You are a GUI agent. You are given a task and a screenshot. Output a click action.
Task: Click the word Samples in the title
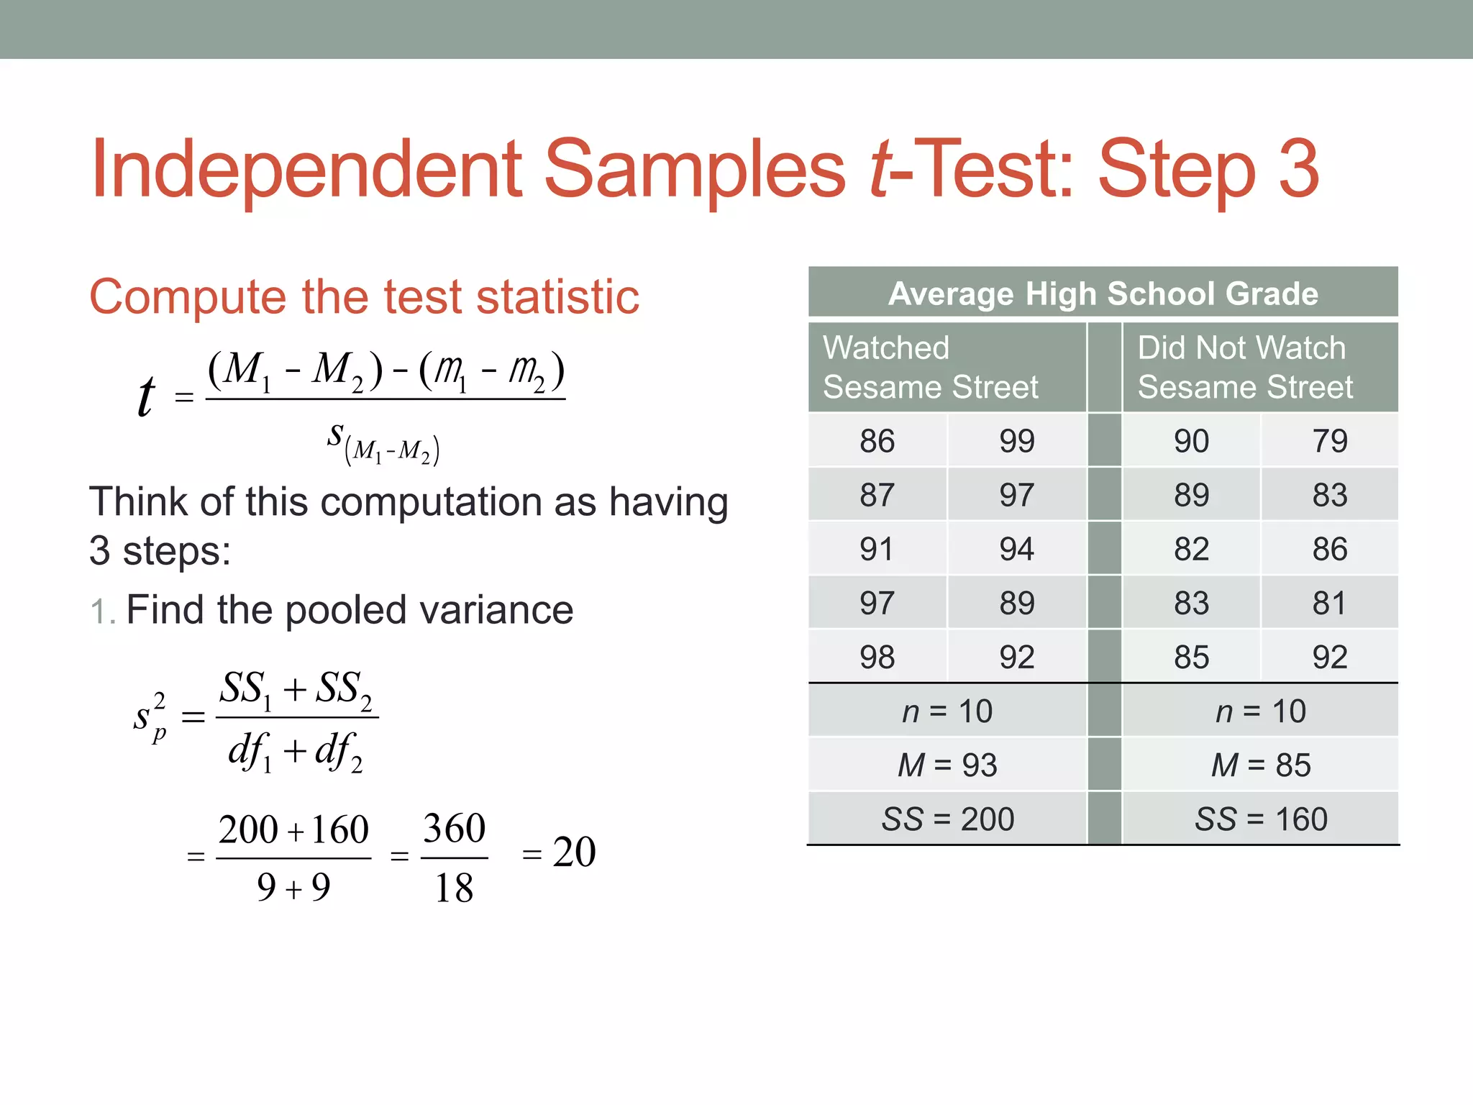695,170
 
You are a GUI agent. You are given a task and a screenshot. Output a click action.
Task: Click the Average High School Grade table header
1103,294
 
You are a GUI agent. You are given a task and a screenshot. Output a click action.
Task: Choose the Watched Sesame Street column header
930,367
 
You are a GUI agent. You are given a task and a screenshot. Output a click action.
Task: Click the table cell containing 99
1016,441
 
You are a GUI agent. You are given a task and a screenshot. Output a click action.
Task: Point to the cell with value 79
1329,441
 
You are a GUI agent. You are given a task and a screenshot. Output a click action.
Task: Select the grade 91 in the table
876,549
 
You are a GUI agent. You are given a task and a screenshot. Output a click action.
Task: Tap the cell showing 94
1016,549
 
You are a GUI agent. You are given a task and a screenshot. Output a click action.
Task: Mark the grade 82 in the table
1191,549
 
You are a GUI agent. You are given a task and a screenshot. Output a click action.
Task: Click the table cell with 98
876,657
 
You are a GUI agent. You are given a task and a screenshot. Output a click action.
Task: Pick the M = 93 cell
947,765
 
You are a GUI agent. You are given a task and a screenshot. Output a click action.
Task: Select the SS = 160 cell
1260,819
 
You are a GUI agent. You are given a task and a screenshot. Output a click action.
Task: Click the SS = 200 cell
947,819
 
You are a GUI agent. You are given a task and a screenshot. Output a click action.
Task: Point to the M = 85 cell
1260,765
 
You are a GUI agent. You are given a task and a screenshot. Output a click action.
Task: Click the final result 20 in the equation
574,852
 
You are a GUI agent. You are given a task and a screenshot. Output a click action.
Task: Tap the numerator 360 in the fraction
454,828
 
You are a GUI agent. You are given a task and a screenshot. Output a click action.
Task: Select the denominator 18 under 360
454,888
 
